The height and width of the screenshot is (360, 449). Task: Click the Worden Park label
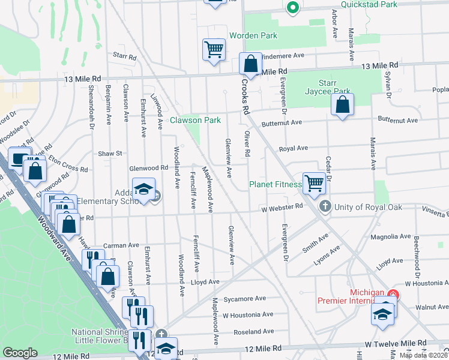tap(253, 36)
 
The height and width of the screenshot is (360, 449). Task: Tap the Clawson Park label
tap(195, 120)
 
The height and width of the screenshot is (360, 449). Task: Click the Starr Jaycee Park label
tap(333, 86)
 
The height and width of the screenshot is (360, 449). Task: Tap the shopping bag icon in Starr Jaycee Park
tap(342, 105)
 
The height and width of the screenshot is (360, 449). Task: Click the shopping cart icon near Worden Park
tap(214, 49)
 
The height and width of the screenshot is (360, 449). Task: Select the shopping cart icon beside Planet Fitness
tap(314, 183)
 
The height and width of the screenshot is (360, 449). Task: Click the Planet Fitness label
tap(275, 185)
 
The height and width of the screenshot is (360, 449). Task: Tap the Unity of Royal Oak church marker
tap(325, 207)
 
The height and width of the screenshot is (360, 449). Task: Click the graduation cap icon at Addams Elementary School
tap(143, 190)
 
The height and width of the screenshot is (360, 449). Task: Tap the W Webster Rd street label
tap(282, 208)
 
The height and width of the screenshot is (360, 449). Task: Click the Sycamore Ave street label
tap(244, 299)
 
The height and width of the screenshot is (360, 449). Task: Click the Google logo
tap(20, 353)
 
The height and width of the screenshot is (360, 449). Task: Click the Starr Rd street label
tap(125, 56)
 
